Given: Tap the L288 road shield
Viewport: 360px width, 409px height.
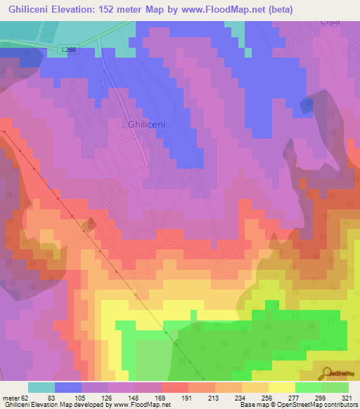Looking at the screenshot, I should [68, 49].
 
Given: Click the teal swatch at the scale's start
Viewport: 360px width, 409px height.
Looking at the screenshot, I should [41, 387].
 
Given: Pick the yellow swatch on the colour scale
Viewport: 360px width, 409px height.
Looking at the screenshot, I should [281, 387].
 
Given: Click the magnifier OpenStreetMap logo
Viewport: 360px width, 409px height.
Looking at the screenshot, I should [326, 372].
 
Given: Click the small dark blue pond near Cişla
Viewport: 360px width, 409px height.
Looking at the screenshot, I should [307, 105].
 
